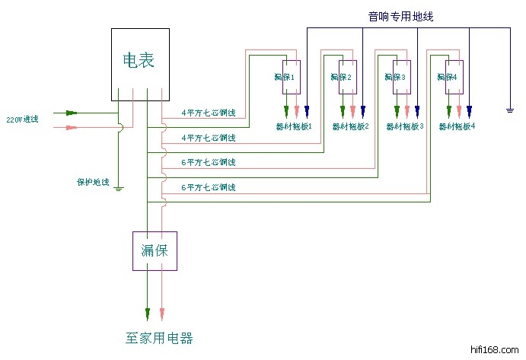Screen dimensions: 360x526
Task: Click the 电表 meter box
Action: pyautogui.click(x=139, y=64)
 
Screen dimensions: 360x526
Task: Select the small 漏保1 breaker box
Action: pyautogui.click(x=291, y=77)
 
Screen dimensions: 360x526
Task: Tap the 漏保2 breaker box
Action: pyautogui.click(x=347, y=77)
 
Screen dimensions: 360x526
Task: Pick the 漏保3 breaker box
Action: pyautogui.click(x=401, y=77)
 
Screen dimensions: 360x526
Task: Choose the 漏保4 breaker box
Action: pyautogui.click(x=454, y=77)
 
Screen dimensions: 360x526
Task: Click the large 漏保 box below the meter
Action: pyautogui.click(x=155, y=250)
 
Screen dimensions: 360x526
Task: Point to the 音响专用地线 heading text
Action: pyautogui.click(x=400, y=16)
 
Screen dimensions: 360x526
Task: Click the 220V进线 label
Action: pyautogui.click(x=22, y=119)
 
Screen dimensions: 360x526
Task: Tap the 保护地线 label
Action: pyautogui.click(x=93, y=183)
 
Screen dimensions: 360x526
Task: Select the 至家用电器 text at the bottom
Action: pyautogui.click(x=164, y=337)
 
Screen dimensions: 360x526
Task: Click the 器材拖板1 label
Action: pyautogui.click(x=294, y=126)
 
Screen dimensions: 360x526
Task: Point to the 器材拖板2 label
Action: pyautogui.click(x=350, y=126)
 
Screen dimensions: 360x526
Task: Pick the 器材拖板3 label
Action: pyautogui.click(x=405, y=126)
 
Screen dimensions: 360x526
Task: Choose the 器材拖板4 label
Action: pyautogui.click(x=457, y=126)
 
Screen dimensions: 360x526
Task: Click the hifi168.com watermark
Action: pyautogui.click(x=496, y=349)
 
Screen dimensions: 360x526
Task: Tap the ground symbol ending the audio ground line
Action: pyautogui.click(x=509, y=111)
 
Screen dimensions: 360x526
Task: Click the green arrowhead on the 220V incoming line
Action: pyautogui.click(x=72, y=113)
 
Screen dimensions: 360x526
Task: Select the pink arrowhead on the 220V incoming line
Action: pyautogui.click(x=72, y=126)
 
